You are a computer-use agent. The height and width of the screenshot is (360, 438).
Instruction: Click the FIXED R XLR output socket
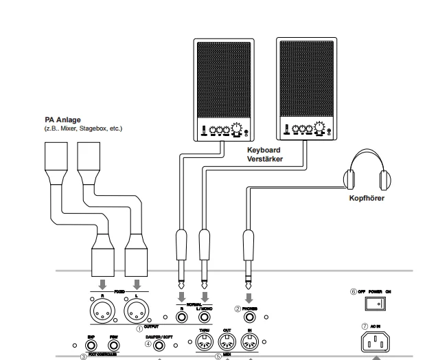coord(102,313)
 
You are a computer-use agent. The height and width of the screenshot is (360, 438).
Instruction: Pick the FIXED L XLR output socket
coord(137,313)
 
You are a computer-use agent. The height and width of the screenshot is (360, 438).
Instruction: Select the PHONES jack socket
coord(249,318)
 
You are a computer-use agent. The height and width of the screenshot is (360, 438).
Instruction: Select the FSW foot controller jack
coord(114,347)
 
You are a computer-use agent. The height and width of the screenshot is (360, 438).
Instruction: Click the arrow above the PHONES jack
coord(249,299)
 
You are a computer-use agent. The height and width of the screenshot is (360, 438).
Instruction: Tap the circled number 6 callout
coord(352,291)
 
